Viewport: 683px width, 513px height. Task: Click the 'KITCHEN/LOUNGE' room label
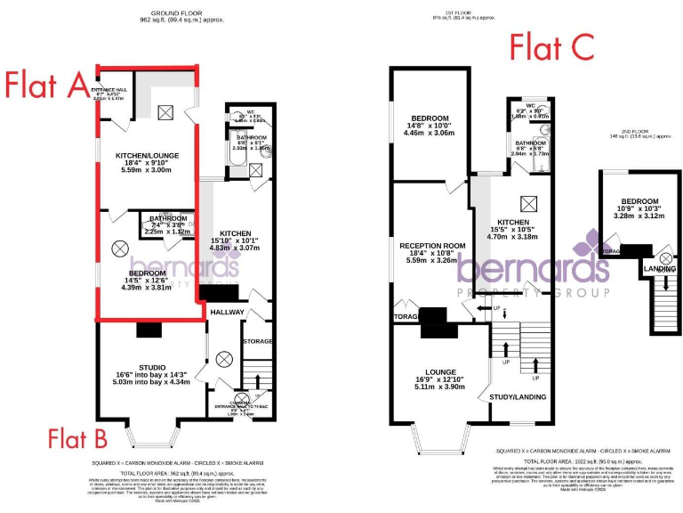(x=148, y=156)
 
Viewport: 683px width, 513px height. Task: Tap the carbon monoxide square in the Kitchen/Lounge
(x=165, y=111)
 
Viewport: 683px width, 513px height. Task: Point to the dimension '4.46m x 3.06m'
(x=430, y=134)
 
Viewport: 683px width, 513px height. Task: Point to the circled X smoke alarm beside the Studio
(x=223, y=359)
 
